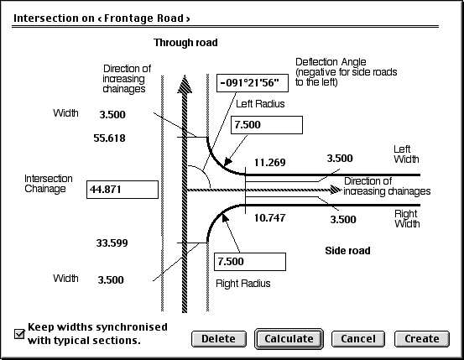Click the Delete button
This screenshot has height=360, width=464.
pyautogui.click(x=219, y=339)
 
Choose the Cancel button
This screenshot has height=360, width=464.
pyautogui.click(x=358, y=339)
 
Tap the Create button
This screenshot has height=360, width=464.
pyautogui.click(x=422, y=339)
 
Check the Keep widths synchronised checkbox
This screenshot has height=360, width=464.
pyautogui.click(x=19, y=334)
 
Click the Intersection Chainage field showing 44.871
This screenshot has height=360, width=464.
pyautogui.click(x=123, y=190)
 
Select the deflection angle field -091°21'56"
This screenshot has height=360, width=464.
pyautogui.click(x=253, y=83)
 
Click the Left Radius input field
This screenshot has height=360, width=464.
pyautogui.click(x=267, y=125)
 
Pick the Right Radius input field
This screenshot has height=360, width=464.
pyautogui.click(x=250, y=262)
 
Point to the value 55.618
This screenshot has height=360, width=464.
pyautogui.click(x=109, y=138)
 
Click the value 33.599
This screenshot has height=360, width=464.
pyautogui.click(x=112, y=243)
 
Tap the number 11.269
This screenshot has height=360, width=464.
pyautogui.click(x=270, y=163)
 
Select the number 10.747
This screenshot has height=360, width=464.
pyautogui.click(x=270, y=218)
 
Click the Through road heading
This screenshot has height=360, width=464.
pyautogui.click(x=185, y=43)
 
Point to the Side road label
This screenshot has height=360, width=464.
pyautogui.click(x=347, y=251)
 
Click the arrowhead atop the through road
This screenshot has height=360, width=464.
pyautogui.click(x=185, y=85)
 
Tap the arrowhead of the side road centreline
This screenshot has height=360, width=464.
pyautogui.click(x=336, y=190)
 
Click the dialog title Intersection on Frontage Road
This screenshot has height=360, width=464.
pyautogui.click(x=102, y=18)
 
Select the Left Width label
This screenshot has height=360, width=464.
pyautogui.click(x=406, y=154)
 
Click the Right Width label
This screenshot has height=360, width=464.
pyautogui.click(x=407, y=219)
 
